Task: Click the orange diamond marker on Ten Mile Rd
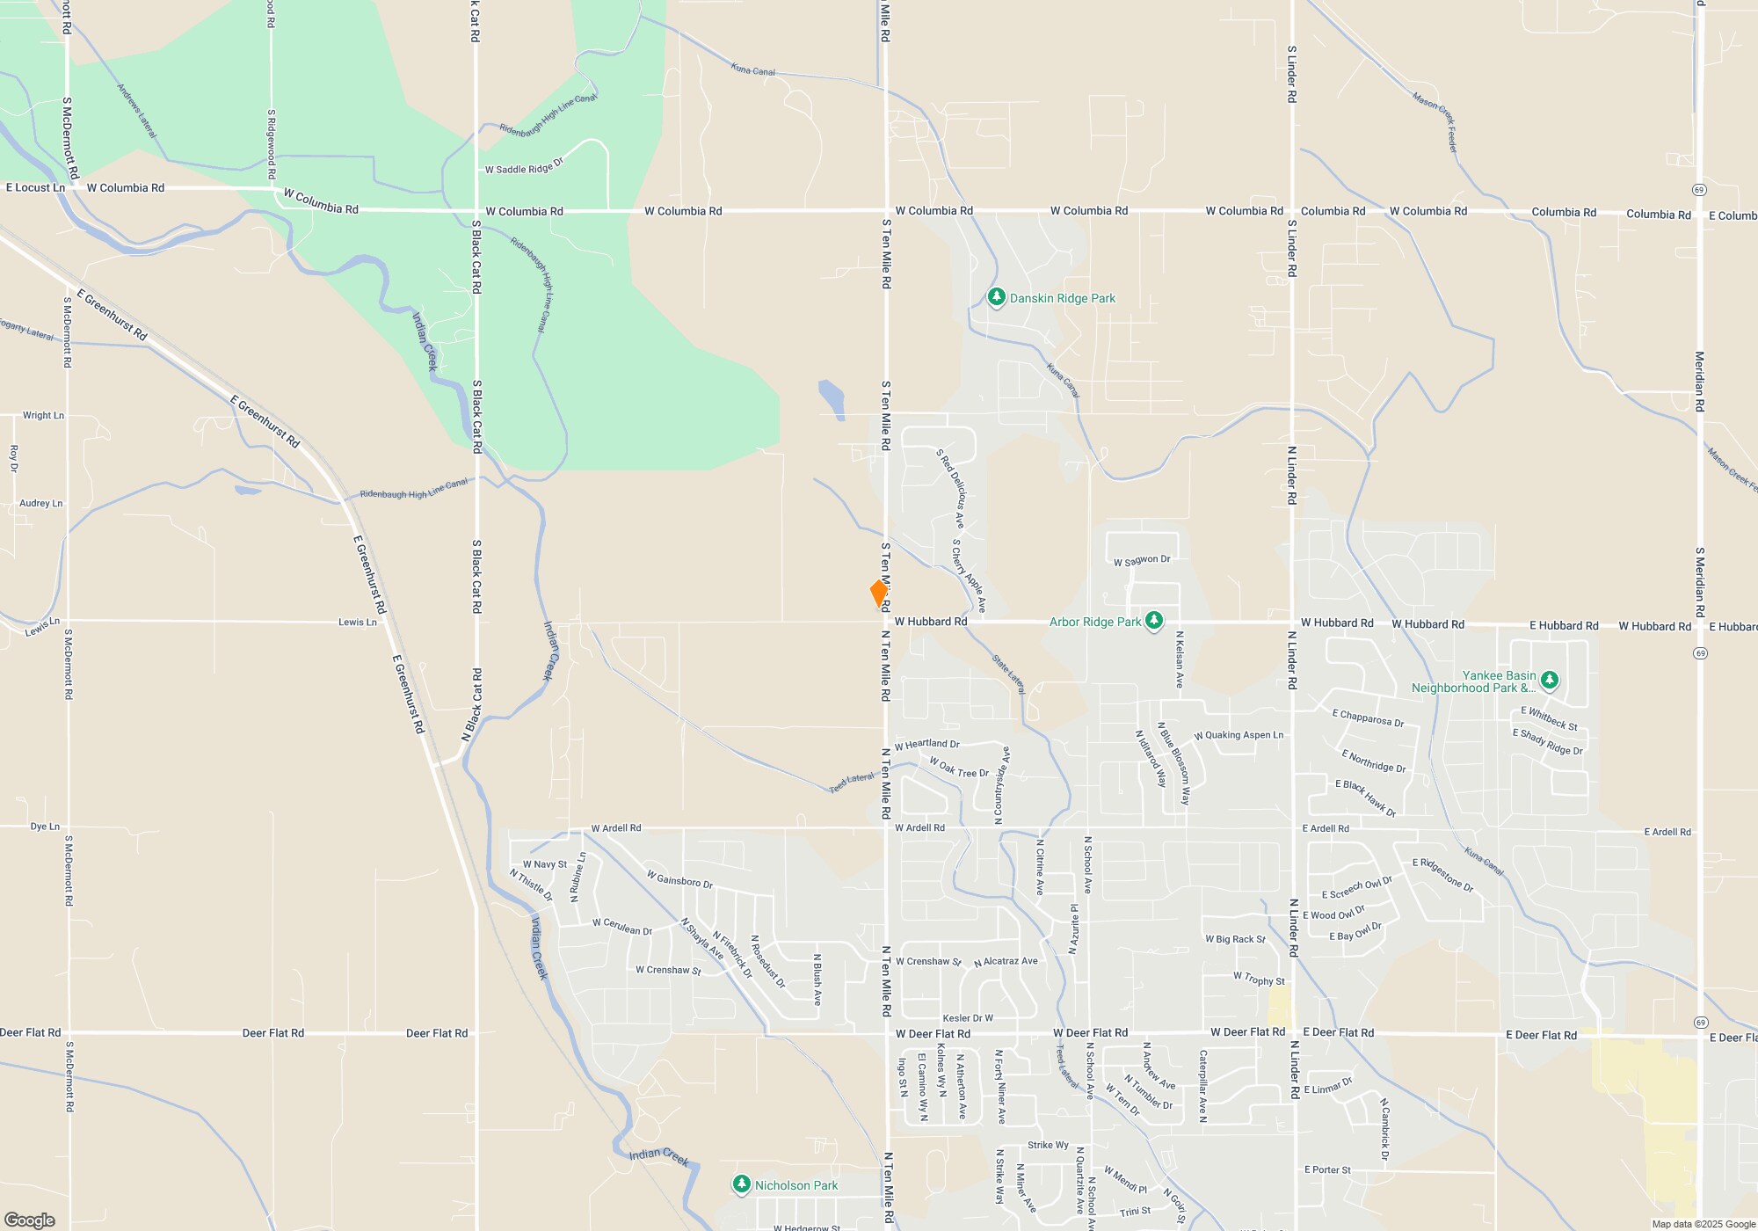[x=878, y=593]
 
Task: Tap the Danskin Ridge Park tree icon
[x=996, y=297]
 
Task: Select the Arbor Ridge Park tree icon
[x=1154, y=621]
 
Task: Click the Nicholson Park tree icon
[x=742, y=1184]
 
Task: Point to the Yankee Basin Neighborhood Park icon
[x=1550, y=680]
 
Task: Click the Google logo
[x=29, y=1220]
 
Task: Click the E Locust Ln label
[x=35, y=187]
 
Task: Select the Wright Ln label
[x=43, y=415]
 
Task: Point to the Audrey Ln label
[x=41, y=503]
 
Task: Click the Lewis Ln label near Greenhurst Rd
[x=358, y=622]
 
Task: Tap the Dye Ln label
[x=45, y=827]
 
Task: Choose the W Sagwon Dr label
[x=1142, y=560]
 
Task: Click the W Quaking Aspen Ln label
[x=1239, y=735]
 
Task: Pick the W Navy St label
[x=545, y=864]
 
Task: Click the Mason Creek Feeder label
[x=1435, y=122]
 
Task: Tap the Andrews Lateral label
[x=136, y=111]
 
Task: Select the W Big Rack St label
[x=1235, y=939]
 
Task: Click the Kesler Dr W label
[x=968, y=1018]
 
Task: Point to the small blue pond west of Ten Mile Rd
[x=832, y=399]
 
